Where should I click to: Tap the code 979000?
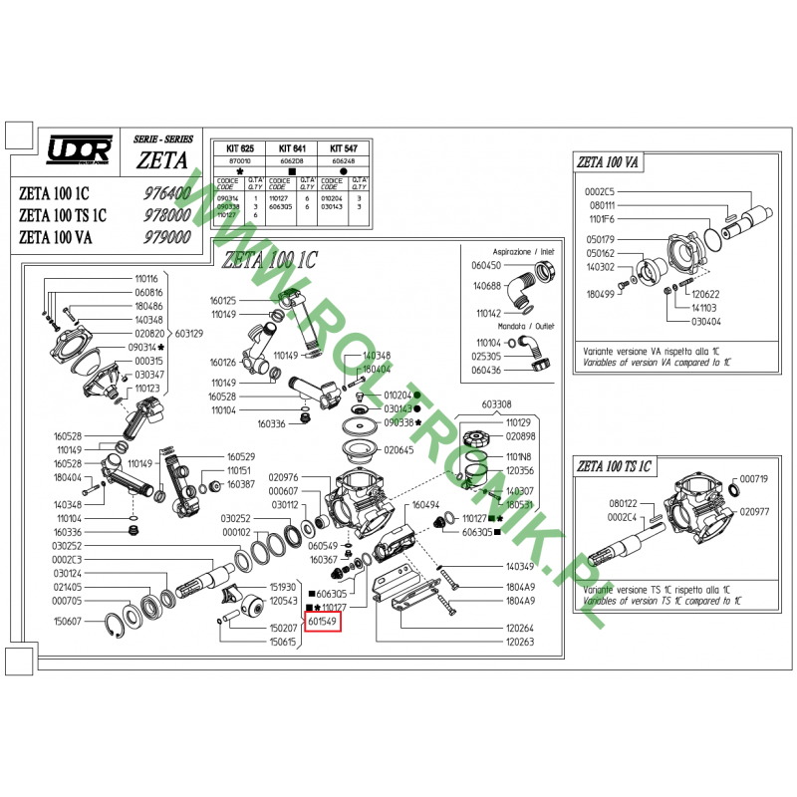[166, 237]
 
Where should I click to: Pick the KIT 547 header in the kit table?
[343, 146]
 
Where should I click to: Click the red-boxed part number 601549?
[324, 623]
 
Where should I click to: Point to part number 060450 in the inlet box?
[488, 266]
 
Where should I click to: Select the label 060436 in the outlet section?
[488, 370]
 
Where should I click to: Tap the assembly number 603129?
[191, 333]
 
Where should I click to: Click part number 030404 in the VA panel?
[705, 322]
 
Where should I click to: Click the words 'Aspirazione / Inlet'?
[522, 253]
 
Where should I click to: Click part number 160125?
[223, 300]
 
